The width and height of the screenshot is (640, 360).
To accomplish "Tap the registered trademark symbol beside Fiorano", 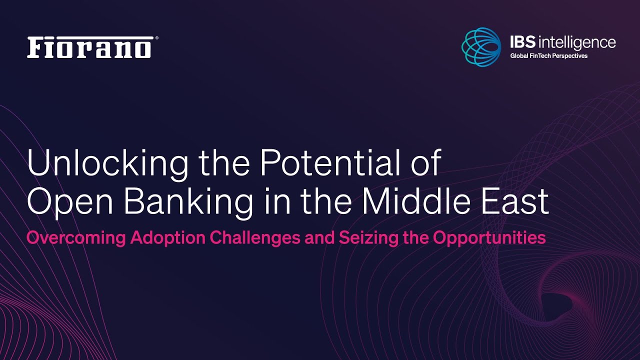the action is [156, 38].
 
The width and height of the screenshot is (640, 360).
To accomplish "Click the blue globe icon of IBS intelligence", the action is [481, 47].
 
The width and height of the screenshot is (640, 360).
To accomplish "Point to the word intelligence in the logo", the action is [577, 43].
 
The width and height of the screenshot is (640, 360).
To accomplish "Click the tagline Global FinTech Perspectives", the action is [549, 56].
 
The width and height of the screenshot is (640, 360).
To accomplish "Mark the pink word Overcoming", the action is [76, 237].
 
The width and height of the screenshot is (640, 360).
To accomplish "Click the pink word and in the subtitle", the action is [319, 237].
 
